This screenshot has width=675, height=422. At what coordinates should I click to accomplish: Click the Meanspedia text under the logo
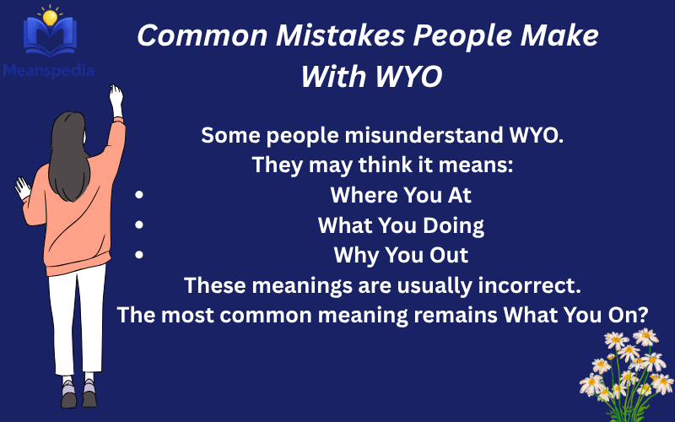tap(48, 70)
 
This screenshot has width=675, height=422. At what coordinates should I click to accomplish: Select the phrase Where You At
tap(400, 195)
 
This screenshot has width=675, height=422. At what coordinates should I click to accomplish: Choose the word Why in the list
tap(354, 255)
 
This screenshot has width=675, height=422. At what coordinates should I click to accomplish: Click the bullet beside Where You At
tap(138, 195)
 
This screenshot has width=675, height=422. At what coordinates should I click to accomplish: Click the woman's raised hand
tap(116, 100)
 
